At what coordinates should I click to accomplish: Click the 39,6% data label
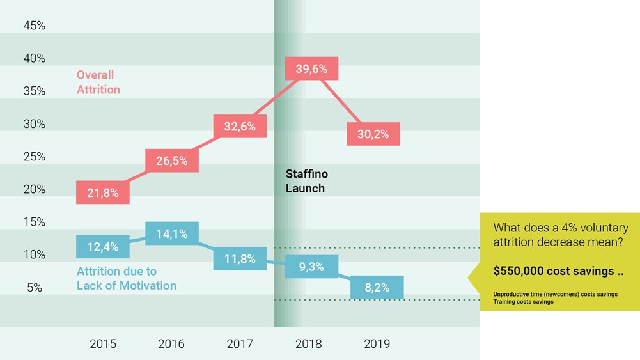[x=311, y=69]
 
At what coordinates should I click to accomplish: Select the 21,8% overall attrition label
[x=102, y=192]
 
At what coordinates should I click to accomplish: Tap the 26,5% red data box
[x=171, y=160]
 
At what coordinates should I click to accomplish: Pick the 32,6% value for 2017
[x=240, y=127]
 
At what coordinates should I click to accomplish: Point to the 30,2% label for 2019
[x=373, y=134]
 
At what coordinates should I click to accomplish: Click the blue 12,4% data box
[x=102, y=246]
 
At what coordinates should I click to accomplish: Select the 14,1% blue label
[x=171, y=234]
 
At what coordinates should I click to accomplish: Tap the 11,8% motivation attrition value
[x=240, y=259]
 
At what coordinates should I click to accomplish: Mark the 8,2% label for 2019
[x=377, y=288]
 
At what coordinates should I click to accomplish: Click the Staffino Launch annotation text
[x=306, y=181]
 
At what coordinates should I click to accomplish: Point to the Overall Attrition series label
[x=98, y=82]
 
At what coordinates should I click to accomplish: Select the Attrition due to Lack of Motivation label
[x=126, y=278]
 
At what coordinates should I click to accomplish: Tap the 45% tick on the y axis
[x=34, y=26]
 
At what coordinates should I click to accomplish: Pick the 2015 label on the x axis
[x=102, y=344]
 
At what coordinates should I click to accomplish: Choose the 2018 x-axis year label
[x=308, y=344]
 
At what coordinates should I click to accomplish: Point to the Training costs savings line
[x=523, y=302]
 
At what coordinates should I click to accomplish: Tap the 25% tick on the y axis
[x=34, y=157]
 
